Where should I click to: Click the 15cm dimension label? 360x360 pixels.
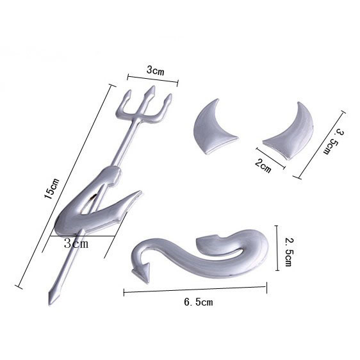pos(52,188)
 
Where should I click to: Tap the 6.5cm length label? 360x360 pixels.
pos(199,302)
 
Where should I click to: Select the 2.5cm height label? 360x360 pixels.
pos(288,252)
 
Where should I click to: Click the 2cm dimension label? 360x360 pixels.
pos(263,166)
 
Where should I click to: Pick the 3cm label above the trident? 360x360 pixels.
pos(156,70)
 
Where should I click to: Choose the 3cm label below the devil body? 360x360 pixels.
pos(76,243)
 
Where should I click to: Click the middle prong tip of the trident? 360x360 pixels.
pos(152,86)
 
